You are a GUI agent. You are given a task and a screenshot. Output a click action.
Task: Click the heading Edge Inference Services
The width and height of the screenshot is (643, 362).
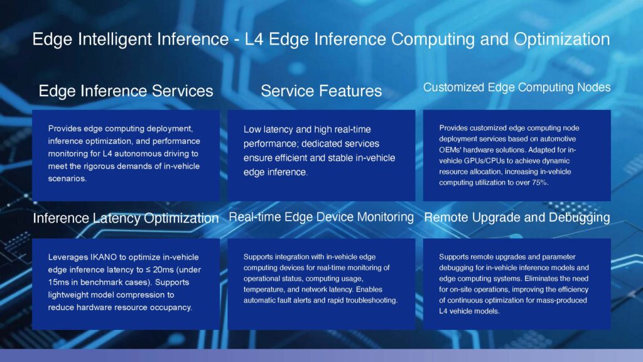pyautogui.click(x=126, y=90)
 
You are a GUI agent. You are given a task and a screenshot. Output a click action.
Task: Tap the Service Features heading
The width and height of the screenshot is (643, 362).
pyautogui.click(x=321, y=90)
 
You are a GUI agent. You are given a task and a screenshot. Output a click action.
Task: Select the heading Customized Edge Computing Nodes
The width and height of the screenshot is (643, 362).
pyautogui.click(x=517, y=87)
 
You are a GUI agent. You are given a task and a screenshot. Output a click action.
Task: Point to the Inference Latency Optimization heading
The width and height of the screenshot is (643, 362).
pyautogui.click(x=126, y=218)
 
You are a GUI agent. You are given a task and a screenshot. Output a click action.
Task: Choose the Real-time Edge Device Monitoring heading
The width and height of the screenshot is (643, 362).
pyautogui.click(x=321, y=217)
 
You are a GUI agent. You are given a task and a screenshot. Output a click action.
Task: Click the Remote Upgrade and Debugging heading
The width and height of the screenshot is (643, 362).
pyautogui.click(x=517, y=217)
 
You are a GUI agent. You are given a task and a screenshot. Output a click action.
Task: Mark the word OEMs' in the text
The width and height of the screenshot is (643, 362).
pyautogui.click(x=450, y=150)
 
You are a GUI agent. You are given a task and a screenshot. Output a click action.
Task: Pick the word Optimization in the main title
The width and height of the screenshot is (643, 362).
pyautogui.click(x=562, y=40)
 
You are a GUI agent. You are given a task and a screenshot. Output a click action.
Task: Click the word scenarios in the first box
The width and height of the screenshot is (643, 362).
pyautogui.click(x=67, y=178)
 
